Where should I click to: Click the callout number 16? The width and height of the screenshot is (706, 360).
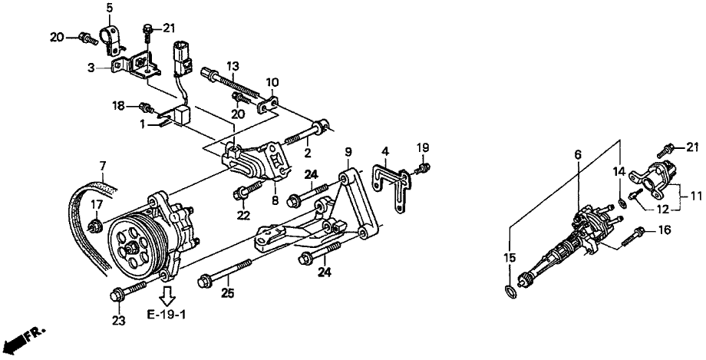665,229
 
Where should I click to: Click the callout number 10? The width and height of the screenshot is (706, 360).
273,81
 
